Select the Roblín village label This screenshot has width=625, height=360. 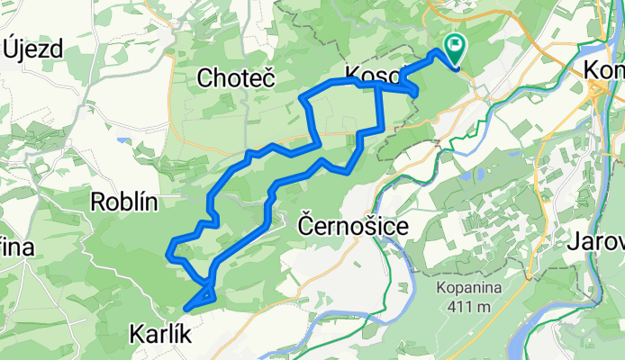124,201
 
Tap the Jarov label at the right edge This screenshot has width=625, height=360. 596,242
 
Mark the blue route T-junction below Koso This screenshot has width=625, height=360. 377,86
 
